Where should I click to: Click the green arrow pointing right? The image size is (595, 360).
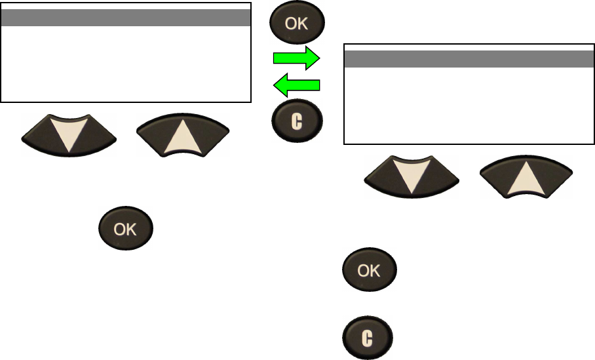[296, 58]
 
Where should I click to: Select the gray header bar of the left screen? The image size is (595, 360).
[126, 18]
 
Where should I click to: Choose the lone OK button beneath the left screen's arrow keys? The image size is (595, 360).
[126, 230]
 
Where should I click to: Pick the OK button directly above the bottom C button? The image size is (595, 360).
[370, 270]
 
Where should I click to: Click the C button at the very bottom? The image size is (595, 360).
[369, 338]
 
